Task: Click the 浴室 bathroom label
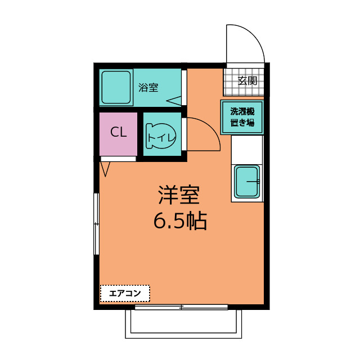148,88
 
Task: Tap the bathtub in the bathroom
116,87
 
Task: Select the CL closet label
119,132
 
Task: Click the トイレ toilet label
161,137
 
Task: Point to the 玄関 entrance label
247,80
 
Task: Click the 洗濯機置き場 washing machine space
242,117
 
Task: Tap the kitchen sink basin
247,181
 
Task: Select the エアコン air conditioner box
125,294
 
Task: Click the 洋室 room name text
179,195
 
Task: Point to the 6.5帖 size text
180,221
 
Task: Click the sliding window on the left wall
96,224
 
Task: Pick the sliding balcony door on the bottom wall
181,307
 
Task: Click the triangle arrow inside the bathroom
174,101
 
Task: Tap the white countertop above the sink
247,150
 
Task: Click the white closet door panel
118,159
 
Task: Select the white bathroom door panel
184,88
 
